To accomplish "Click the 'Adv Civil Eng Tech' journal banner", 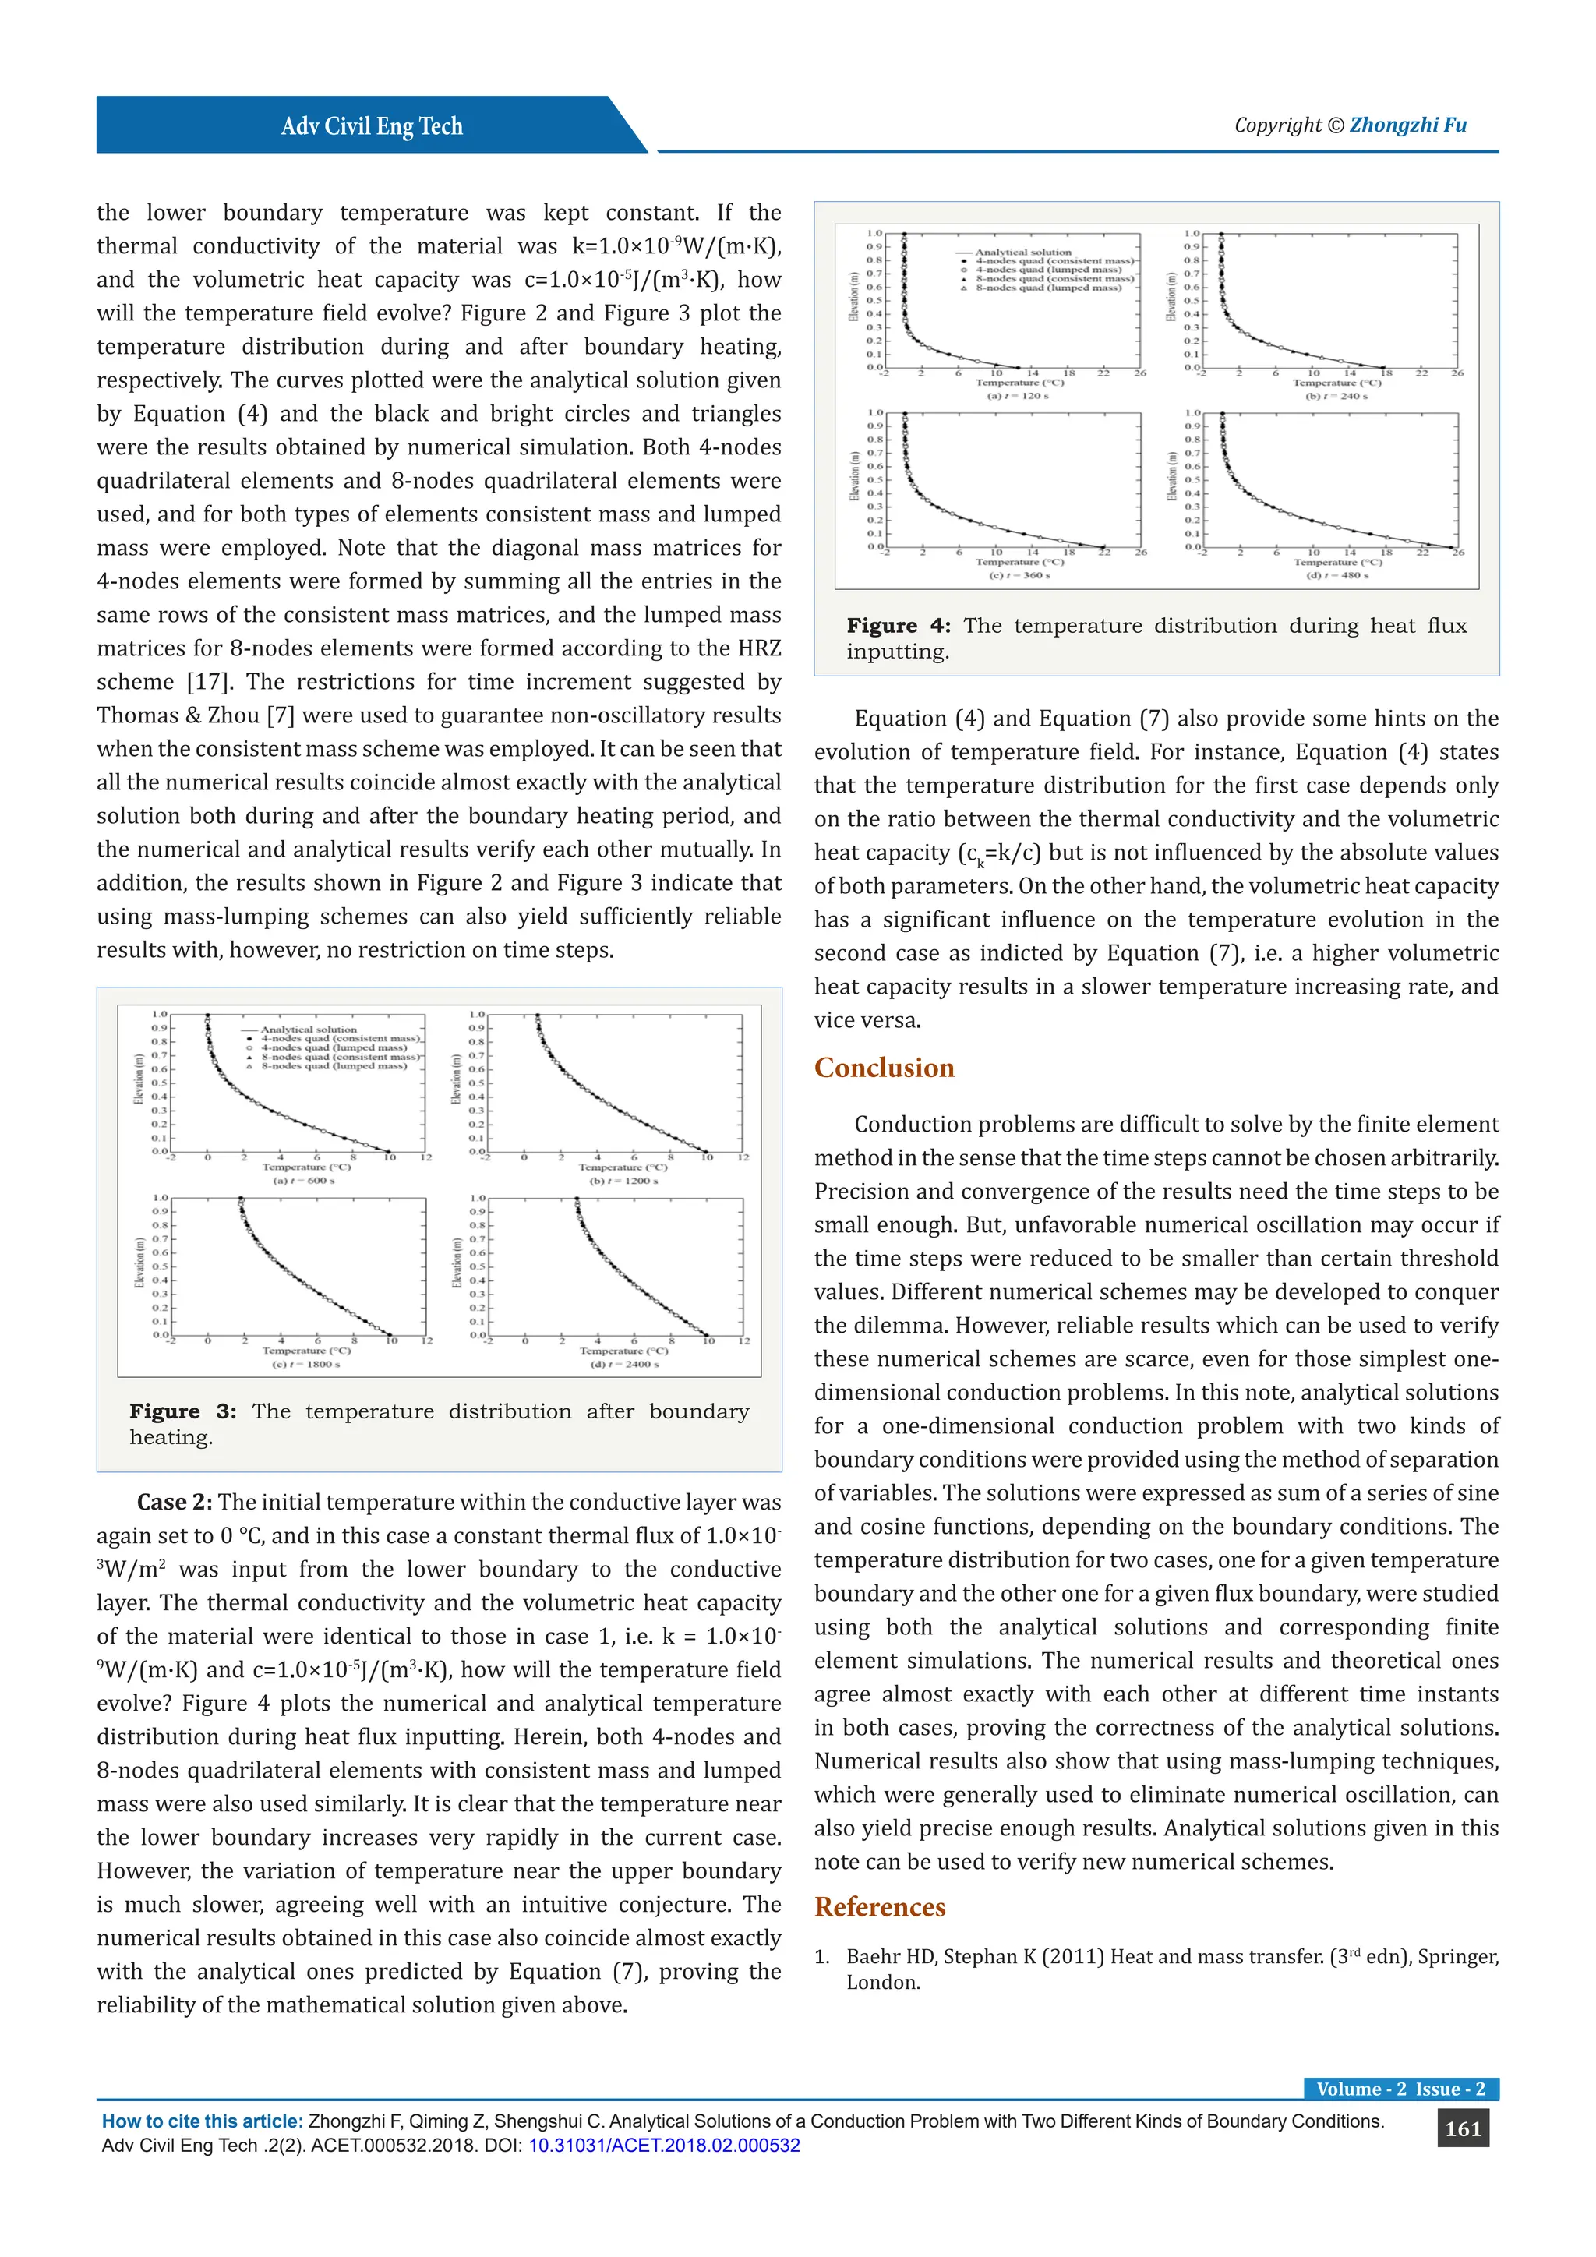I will coord(372,125).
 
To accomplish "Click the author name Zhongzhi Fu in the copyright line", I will coord(1407,125).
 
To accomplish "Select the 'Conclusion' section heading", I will coord(884,1068).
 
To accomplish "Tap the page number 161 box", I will coord(1462,2129).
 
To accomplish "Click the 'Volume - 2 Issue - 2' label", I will coord(1400,2089).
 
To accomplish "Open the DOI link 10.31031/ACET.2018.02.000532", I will coord(663,2146).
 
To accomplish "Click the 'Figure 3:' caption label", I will coord(183,1411).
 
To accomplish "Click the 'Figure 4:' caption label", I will coord(899,626).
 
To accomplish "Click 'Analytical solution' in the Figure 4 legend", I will coord(1023,253).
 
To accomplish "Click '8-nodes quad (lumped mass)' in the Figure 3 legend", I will coord(334,1065).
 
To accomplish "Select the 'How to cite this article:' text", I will coord(203,2121).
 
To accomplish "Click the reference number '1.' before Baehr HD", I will coord(823,1957).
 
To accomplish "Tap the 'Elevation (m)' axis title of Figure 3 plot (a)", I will coord(139,1079).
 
